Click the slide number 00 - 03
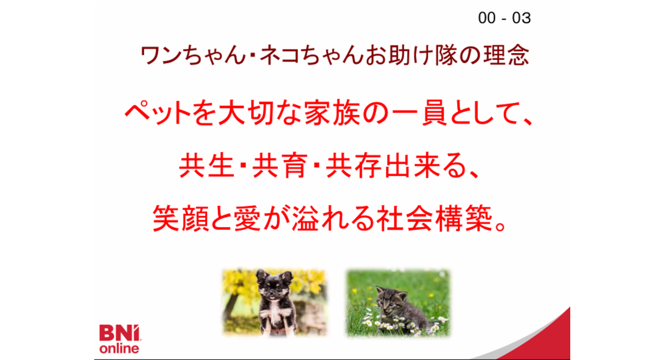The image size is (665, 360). [x=504, y=18]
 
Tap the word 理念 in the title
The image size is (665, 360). [x=507, y=55]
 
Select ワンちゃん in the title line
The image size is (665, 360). [x=192, y=55]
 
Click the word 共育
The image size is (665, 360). [x=280, y=165]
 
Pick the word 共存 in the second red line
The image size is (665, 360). [x=353, y=165]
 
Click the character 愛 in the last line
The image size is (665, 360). [x=247, y=218]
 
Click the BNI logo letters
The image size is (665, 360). [x=119, y=333]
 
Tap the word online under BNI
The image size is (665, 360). [x=119, y=348]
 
